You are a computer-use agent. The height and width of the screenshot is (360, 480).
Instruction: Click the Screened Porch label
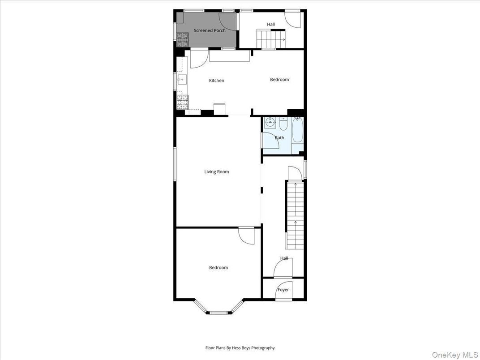coord(210,30)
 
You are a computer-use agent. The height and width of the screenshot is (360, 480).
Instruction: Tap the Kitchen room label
coord(217,81)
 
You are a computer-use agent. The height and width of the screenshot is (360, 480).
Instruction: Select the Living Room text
coord(217,171)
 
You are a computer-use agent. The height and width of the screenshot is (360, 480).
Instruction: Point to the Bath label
coord(279,137)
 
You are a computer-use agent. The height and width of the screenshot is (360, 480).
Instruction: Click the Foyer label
coord(283,290)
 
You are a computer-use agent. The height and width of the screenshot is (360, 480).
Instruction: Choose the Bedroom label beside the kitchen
coord(279,80)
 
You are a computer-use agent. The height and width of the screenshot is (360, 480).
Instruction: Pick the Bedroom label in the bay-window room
coord(219,268)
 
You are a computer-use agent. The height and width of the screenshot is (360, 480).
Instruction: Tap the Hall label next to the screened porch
coord(271,24)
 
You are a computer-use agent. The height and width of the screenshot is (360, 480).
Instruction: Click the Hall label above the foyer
coord(284,258)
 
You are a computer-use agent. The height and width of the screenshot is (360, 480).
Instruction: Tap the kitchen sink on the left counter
coord(181,80)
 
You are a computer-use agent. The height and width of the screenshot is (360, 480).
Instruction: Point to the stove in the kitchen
coord(182,103)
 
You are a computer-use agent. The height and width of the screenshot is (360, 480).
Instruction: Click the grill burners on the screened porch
coord(182,40)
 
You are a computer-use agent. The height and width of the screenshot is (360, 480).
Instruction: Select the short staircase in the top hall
coord(271,39)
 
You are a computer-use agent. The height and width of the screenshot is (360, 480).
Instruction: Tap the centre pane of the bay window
coord(219,312)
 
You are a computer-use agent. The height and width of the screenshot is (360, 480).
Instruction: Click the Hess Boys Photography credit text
coord(240,348)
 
